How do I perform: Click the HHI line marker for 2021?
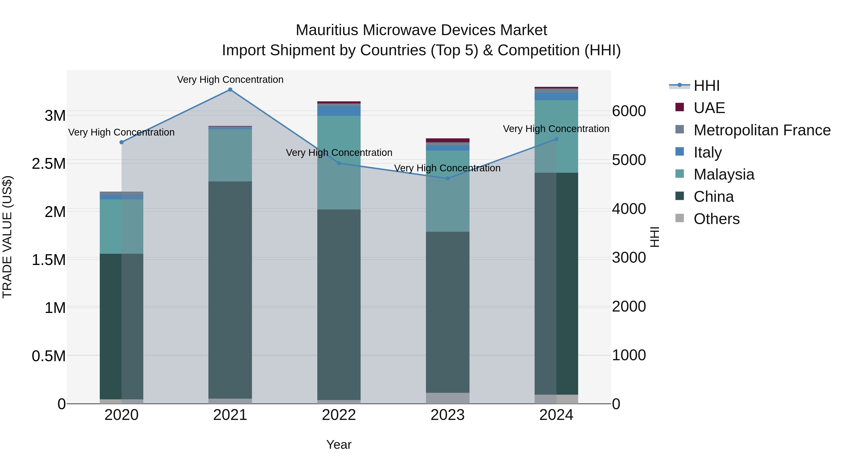(230, 90)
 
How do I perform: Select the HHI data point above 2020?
(121, 142)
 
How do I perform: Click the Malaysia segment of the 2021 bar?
(230, 155)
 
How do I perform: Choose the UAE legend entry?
(709, 108)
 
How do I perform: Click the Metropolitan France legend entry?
(762, 130)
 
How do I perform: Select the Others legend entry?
(716, 219)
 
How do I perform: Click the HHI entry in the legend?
(706, 86)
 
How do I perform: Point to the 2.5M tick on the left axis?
(49, 164)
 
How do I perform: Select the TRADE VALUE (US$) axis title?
(7, 237)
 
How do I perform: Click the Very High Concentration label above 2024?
(556, 129)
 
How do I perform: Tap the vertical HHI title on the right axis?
(654, 237)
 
